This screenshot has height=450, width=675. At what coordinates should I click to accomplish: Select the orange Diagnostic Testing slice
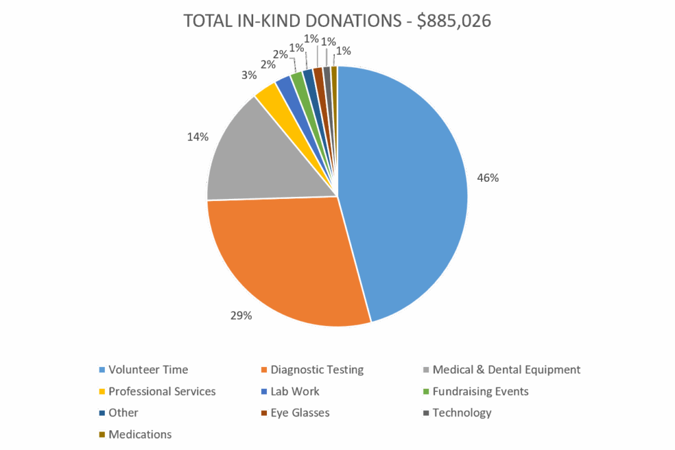(283, 264)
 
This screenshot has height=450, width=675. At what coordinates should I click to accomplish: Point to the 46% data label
(488, 178)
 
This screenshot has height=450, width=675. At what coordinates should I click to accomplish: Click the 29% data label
(241, 316)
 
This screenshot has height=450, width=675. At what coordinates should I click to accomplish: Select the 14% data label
(198, 137)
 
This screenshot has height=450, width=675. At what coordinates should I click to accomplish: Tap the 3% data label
(249, 76)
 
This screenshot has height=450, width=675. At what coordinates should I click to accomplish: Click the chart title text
(337, 20)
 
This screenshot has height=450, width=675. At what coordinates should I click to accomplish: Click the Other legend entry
(123, 413)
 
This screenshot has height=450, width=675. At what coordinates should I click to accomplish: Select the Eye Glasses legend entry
(300, 413)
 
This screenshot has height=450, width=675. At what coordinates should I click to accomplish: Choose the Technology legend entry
(461, 413)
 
